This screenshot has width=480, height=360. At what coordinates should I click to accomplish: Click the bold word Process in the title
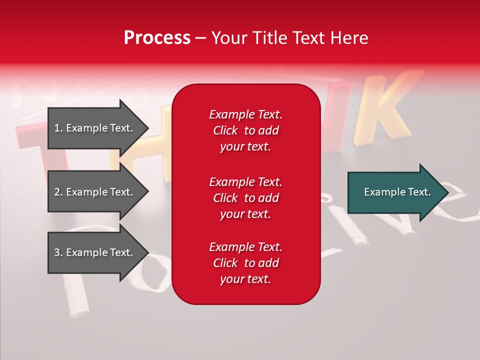pyautogui.click(x=157, y=38)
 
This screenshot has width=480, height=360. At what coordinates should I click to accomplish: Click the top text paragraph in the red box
pyautogui.click(x=245, y=130)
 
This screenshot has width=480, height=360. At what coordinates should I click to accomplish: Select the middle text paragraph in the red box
pyautogui.click(x=245, y=198)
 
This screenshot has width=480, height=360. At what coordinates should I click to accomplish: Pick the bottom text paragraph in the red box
pyautogui.click(x=245, y=263)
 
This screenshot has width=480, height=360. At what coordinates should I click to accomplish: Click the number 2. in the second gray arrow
pyautogui.click(x=58, y=192)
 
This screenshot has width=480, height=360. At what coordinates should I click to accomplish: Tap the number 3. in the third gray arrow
pyautogui.click(x=58, y=252)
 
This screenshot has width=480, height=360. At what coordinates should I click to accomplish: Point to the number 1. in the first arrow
pyautogui.click(x=58, y=128)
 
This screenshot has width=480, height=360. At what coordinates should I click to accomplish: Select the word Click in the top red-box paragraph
pyautogui.click(x=225, y=130)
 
